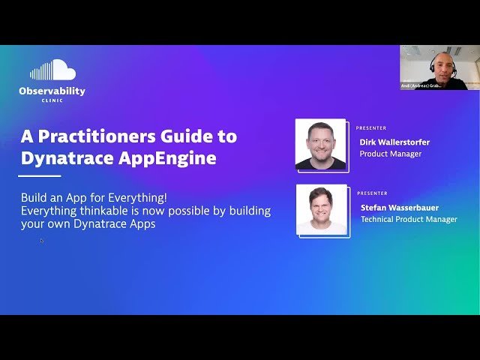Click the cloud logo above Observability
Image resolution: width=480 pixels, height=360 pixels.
coord(52,70)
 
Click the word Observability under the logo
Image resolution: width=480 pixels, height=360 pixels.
coord(52,91)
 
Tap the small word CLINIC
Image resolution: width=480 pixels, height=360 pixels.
coord(52,100)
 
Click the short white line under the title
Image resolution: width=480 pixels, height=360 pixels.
coord(40,176)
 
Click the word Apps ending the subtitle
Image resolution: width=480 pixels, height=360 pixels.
coord(142,223)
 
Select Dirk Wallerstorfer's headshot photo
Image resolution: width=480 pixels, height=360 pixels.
coord(320,144)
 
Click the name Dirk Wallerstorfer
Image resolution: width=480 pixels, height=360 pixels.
coord(394,142)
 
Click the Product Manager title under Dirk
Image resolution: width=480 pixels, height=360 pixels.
coord(390,154)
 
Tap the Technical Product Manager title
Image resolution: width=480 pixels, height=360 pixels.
coord(409,219)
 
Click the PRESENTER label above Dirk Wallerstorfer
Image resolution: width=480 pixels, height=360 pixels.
coord(371,128)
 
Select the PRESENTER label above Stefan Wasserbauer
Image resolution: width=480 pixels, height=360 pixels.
coord(372,193)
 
